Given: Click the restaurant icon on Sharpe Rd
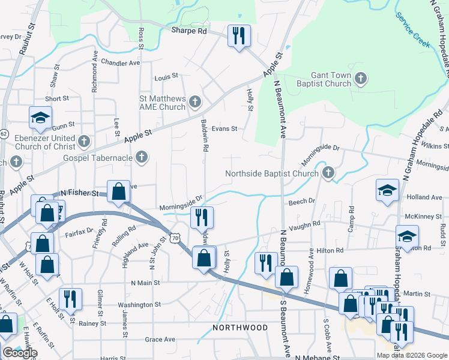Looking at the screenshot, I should tap(240, 36).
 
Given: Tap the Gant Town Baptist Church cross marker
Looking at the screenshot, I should tap(360, 78).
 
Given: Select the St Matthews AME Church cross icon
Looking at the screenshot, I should tap(194, 103).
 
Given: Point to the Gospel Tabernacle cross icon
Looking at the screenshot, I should tap(142, 158).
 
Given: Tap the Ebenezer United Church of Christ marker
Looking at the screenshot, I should tap(84, 142).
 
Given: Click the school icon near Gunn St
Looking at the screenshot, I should tap(40, 118).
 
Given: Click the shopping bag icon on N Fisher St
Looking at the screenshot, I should tap(119, 191).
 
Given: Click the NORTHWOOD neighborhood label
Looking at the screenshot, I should tap(240, 328).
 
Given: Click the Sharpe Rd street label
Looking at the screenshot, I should tap(188, 30).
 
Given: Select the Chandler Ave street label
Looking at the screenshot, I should tap(120, 62).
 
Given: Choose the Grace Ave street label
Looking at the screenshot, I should tap(160, 340).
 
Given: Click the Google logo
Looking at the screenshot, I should tap(20, 353).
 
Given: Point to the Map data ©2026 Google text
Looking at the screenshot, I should tap(411, 355).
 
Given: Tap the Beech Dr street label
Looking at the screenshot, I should tap(302, 202).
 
